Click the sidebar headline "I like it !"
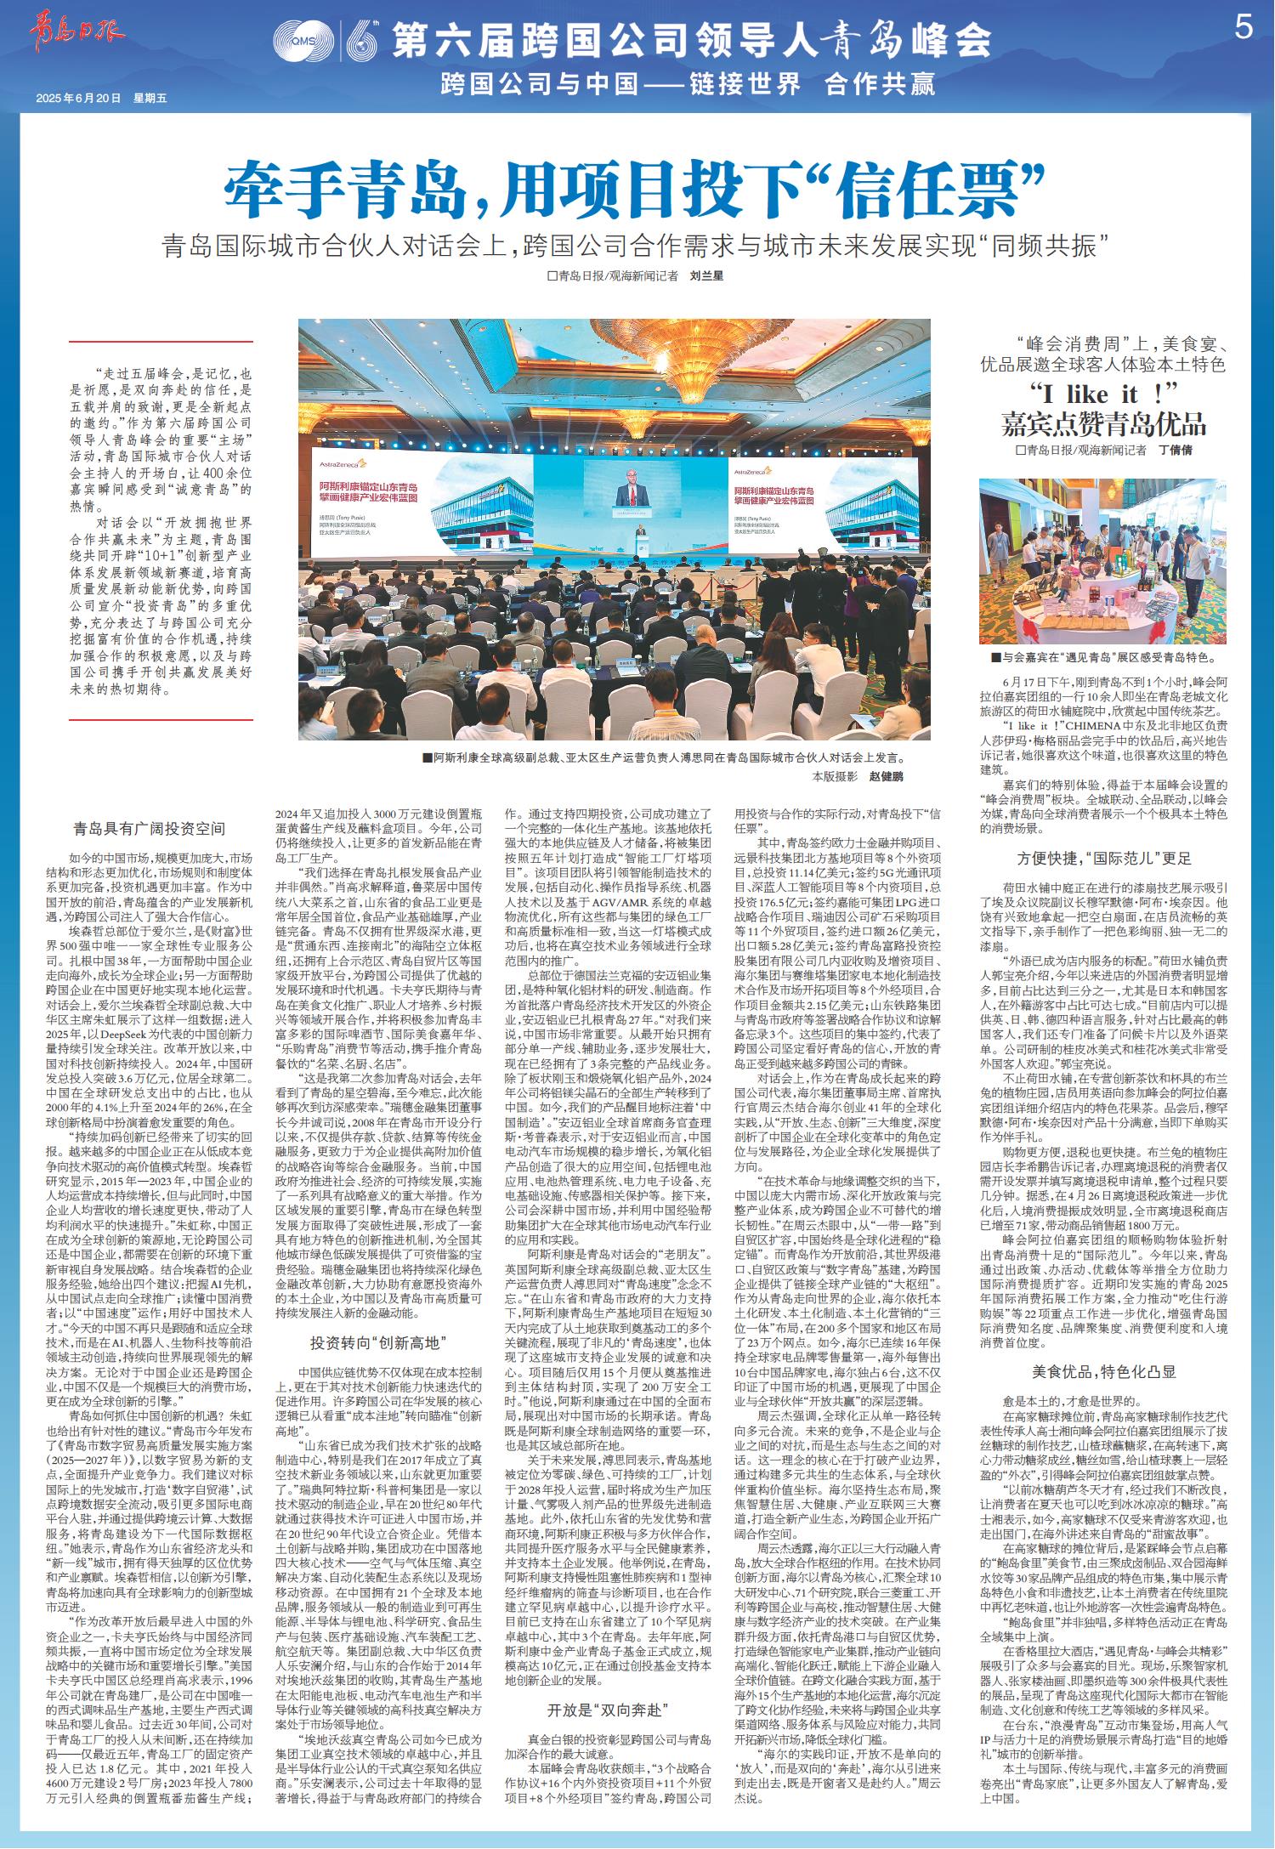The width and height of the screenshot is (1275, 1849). [1103, 395]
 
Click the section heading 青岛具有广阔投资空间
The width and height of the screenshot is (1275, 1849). [150, 828]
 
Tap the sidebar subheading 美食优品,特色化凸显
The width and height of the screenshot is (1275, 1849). [1102, 1371]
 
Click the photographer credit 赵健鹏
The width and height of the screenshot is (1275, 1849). [887, 777]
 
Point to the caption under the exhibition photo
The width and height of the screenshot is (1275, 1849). [1102, 657]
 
